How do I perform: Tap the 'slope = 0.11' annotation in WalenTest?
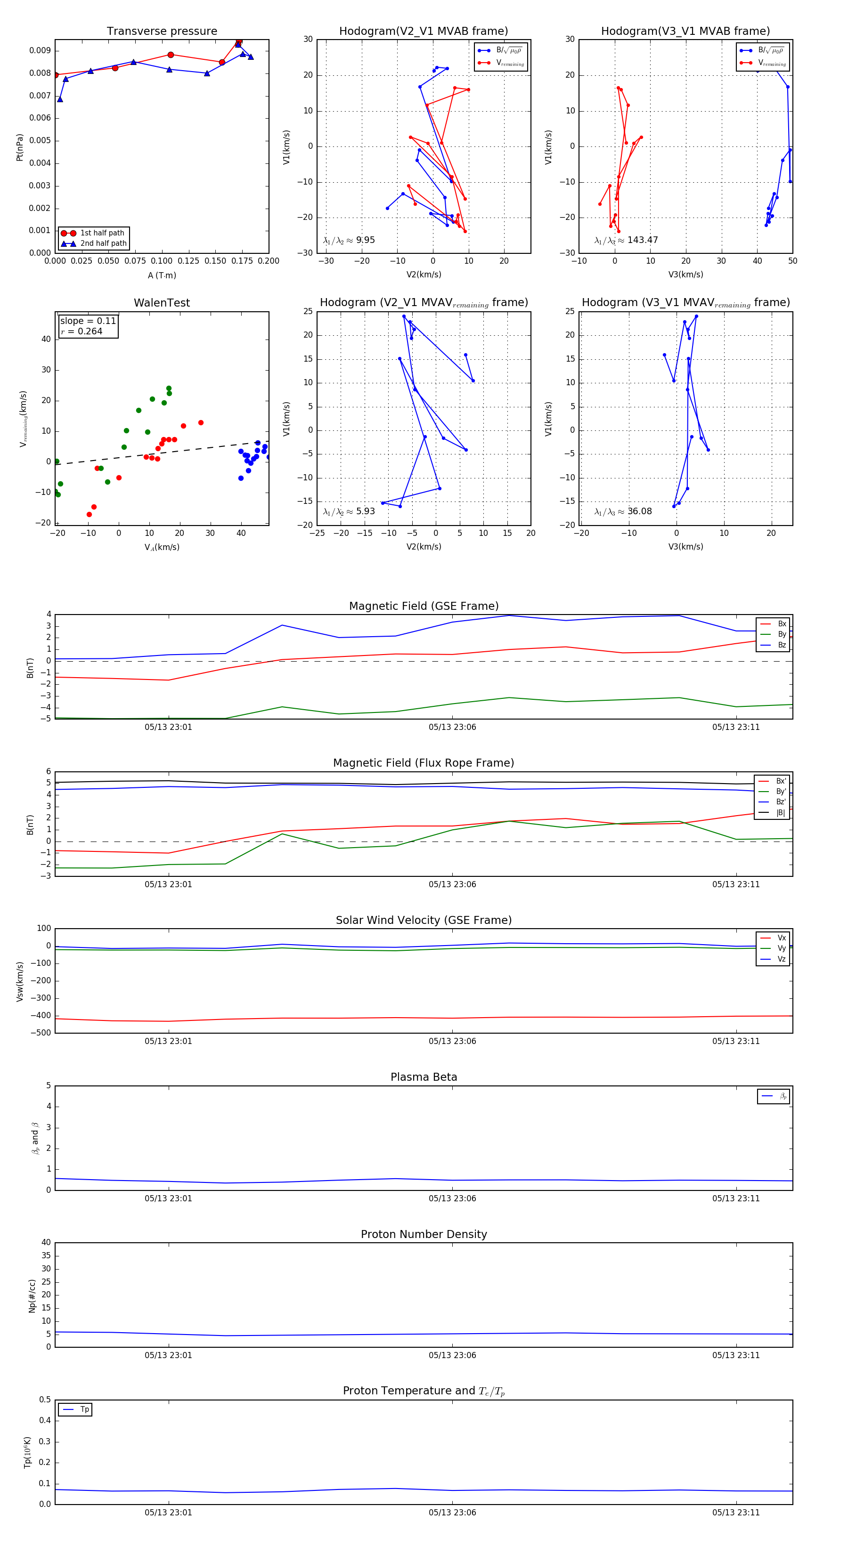(x=88, y=321)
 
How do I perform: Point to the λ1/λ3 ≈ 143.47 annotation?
(x=626, y=240)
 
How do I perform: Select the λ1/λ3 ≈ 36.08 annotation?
(x=623, y=511)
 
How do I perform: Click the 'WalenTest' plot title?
(x=162, y=303)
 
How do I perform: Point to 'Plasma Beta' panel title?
(x=424, y=1077)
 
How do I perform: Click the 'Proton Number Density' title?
(x=424, y=1234)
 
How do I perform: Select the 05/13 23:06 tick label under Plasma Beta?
(x=452, y=1198)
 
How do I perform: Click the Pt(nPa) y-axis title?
(x=19, y=147)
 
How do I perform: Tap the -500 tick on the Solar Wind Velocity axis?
(x=41, y=1033)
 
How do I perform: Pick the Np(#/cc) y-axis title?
(x=32, y=1296)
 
